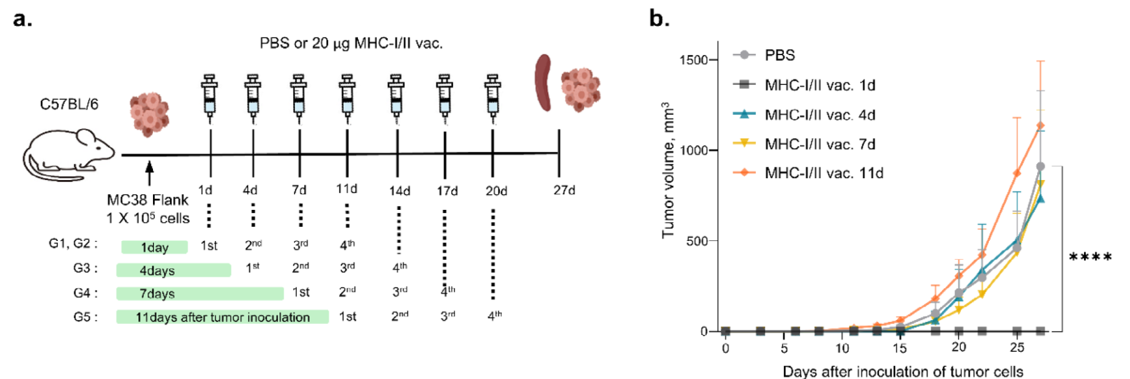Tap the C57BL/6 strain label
click(x=69, y=104)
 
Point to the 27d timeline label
click(x=564, y=190)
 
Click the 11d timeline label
click(x=347, y=189)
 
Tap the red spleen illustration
click(x=543, y=82)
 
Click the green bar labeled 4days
click(x=173, y=270)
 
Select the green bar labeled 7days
click(x=200, y=293)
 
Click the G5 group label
click(x=86, y=317)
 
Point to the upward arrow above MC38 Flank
click(x=150, y=174)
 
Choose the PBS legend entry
click(x=779, y=55)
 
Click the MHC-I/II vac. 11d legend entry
click(x=823, y=173)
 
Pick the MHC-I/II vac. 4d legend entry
click(x=819, y=115)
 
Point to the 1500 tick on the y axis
click(x=694, y=60)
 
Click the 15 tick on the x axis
click(x=899, y=348)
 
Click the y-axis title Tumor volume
click(x=668, y=170)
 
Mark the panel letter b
click(x=659, y=18)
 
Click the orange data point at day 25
click(x=1017, y=173)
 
